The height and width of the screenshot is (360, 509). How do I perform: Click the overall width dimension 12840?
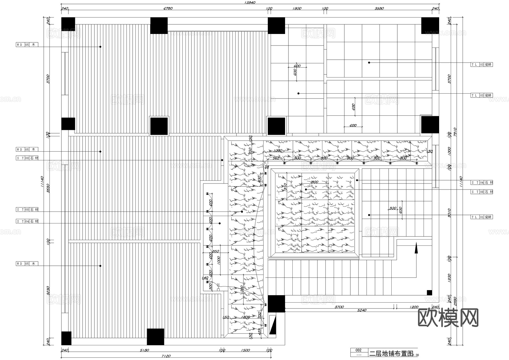[x=250, y=3]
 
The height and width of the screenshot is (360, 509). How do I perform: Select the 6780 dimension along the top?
[x=168, y=8]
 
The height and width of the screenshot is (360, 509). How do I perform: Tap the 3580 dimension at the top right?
[x=379, y=8]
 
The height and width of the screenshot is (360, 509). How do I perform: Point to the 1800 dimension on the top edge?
[x=297, y=8]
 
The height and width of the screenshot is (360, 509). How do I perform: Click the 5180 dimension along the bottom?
[x=144, y=350]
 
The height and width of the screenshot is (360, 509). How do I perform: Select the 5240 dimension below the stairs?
[x=362, y=310]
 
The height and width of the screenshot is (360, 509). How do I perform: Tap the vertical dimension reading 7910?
[x=455, y=132]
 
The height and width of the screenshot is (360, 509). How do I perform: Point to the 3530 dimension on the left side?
[x=48, y=188]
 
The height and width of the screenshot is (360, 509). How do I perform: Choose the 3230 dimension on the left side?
[x=48, y=290]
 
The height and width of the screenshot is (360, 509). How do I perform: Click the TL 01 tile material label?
[x=482, y=217]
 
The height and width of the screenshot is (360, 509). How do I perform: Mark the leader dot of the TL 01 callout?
[x=369, y=215]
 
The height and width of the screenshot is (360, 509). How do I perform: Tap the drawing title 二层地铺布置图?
[x=391, y=353]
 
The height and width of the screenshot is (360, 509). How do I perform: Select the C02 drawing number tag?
[x=358, y=350]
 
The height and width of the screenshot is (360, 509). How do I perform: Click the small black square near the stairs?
[x=429, y=293]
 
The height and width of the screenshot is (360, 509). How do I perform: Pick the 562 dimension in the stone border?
[x=276, y=158]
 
